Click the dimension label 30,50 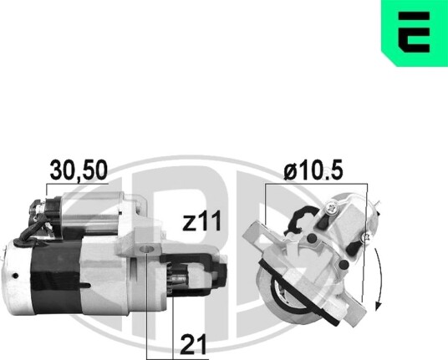pos(79,170)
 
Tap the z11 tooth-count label pos(201,221)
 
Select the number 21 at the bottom pos(193,344)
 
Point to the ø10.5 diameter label pos(313,171)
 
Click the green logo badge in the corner pos(415,33)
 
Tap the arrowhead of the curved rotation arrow pos(379,306)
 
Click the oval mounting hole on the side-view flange pos(146,249)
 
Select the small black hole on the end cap pos(15,276)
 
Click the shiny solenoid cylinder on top pos(91,213)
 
